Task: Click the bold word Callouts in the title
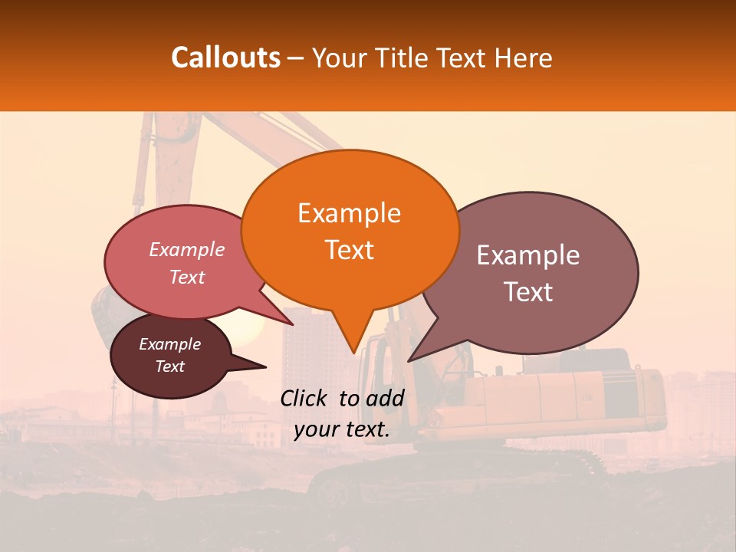[x=225, y=58]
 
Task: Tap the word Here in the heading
[x=525, y=58]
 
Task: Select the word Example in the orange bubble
[x=349, y=213]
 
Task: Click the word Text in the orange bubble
[x=349, y=250]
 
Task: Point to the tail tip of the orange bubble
[x=353, y=352]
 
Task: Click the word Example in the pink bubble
[x=187, y=250]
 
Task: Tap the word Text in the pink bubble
[x=187, y=278]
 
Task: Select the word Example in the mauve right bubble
[x=528, y=255]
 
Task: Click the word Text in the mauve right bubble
[x=528, y=292]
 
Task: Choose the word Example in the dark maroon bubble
[x=169, y=344]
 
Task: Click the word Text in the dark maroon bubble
[x=169, y=366]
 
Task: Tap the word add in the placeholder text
[x=386, y=398]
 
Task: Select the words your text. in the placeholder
[x=341, y=429]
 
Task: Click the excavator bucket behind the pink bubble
[x=101, y=314]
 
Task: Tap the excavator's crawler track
[x=460, y=472]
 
